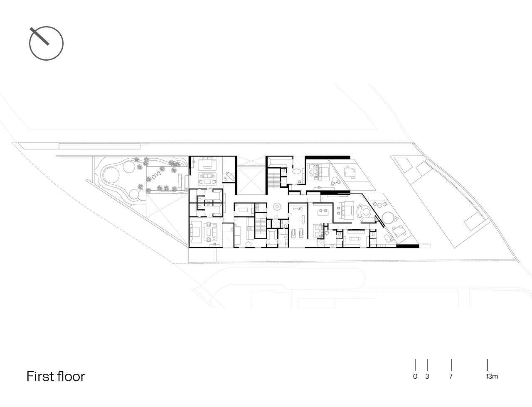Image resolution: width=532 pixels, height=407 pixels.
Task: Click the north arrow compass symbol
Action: [46, 43]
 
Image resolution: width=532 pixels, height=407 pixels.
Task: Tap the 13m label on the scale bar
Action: [491, 377]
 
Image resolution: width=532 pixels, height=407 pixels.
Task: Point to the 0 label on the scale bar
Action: [415, 377]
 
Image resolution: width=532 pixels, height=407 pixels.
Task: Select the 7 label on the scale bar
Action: [451, 377]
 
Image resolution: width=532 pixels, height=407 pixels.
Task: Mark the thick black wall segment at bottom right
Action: [407, 246]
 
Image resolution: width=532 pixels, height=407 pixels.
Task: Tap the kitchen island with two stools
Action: [323, 212]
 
